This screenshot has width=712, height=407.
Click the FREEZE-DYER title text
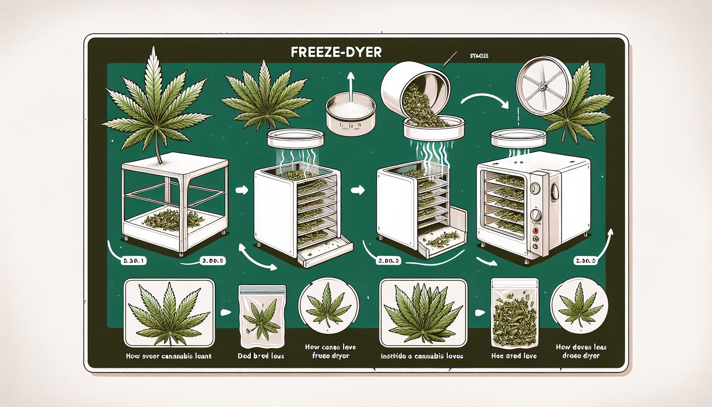point(336,53)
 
